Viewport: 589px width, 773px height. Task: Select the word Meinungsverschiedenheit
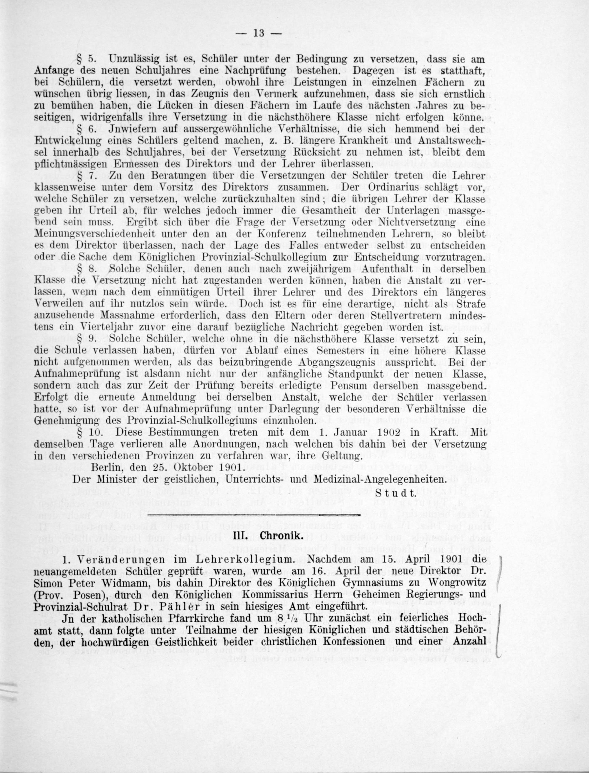click(90, 234)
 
